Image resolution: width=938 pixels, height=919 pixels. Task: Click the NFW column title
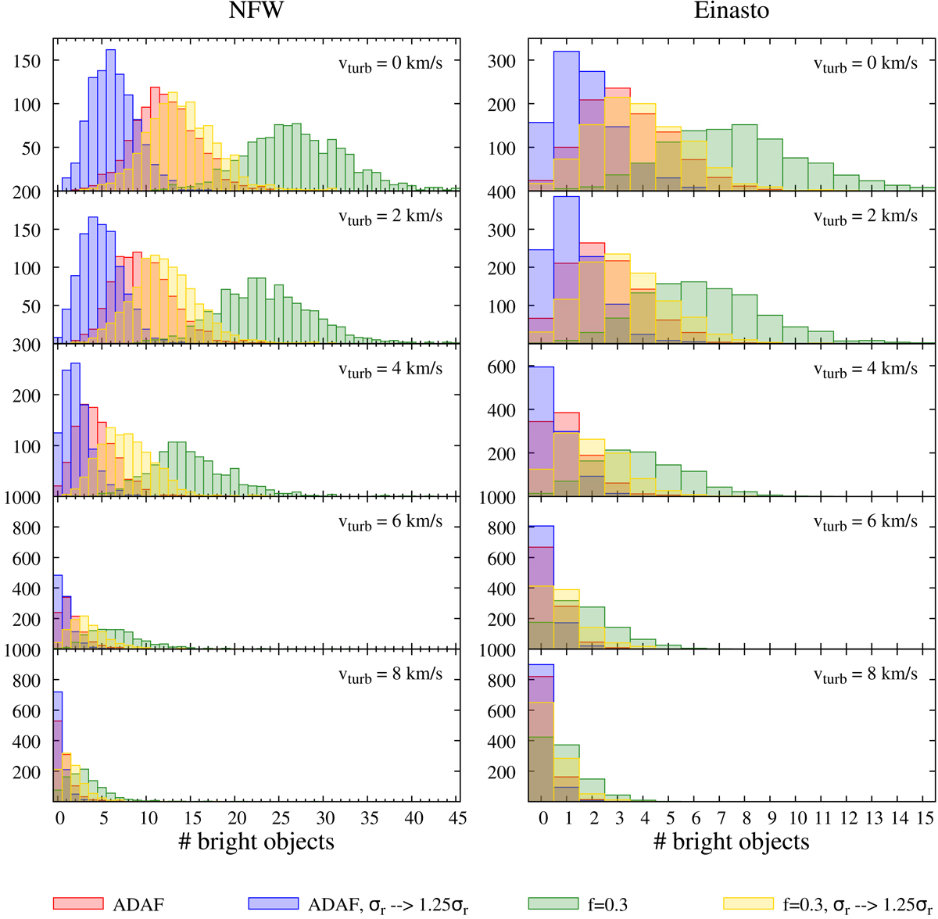tap(256, 12)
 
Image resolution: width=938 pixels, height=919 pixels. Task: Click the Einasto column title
tap(731, 12)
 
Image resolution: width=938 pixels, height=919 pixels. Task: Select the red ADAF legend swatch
tap(77, 903)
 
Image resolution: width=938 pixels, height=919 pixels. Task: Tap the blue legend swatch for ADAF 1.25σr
tap(274, 903)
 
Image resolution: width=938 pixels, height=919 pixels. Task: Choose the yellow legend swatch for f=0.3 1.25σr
tap(749, 903)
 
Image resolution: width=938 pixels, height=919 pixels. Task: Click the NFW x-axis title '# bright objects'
tap(256, 842)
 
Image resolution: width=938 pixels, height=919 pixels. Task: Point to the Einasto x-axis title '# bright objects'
tap(731, 842)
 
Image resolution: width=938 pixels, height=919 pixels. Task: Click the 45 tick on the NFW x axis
tap(458, 817)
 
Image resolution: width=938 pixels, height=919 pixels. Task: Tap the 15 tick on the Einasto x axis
tap(925, 817)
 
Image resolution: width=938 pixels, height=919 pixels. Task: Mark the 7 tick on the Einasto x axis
tap(721, 817)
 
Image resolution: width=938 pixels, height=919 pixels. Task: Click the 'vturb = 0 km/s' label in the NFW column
tap(390, 63)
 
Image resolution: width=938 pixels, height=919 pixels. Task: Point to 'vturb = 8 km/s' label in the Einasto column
tap(865, 674)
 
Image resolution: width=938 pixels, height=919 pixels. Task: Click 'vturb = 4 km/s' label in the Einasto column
tap(865, 369)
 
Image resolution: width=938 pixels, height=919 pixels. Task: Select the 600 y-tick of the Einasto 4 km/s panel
tap(501, 367)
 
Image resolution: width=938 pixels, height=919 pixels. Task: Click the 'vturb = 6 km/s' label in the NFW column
tap(390, 522)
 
